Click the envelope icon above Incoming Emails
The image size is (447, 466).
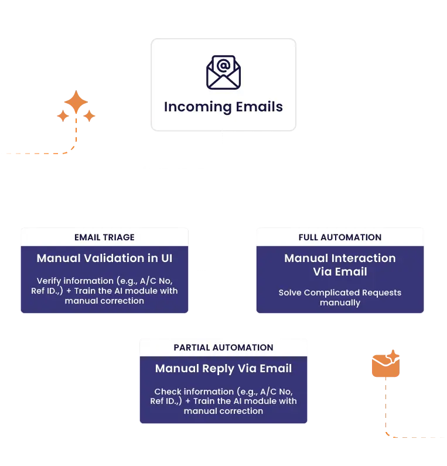pos(223,72)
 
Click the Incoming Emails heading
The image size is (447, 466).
pos(223,107)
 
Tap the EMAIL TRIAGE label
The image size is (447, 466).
pos(104,237)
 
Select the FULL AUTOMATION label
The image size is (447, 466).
pos(340,237)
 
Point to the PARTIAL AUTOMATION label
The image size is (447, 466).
pos(223,348)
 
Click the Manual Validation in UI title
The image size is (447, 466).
pos(104,258)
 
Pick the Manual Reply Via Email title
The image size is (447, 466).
pos(223,369)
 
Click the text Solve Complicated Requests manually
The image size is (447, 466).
pos(340,297)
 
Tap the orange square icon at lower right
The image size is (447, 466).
pos(387,365)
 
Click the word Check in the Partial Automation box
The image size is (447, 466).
pos(166,392)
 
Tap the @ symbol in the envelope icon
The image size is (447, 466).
pos(223,66)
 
